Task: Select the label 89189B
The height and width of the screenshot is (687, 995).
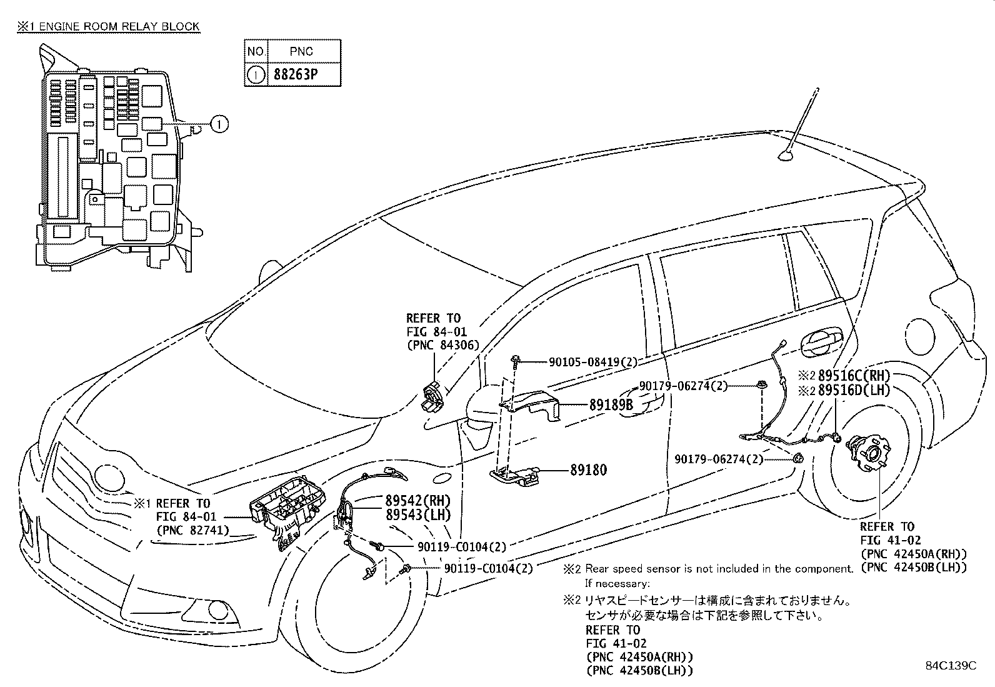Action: pos(611,405)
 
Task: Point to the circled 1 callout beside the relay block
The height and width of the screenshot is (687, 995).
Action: pos(219,124)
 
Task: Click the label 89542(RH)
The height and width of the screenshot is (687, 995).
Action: pos(417,501)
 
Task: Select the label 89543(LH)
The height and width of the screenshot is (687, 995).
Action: pos(417,515)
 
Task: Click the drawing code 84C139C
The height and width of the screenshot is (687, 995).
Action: pos(950,666)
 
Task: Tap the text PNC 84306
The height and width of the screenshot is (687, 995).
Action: pos(442,345)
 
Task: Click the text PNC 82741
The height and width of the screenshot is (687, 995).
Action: pos(192,530)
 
